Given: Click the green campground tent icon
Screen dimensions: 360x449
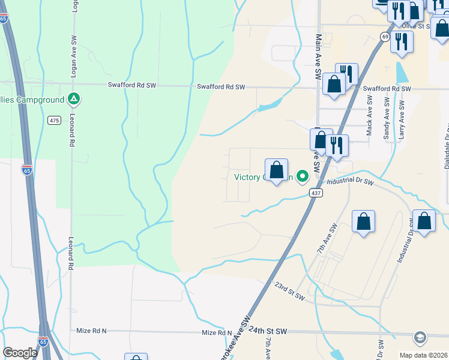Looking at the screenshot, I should tap(74, 98).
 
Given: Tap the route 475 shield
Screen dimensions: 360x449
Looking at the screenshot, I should tap(54, 121).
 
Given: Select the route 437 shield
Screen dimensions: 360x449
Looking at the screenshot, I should tap(317, 193).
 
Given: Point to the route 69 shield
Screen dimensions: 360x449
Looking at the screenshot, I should tap(384, 37).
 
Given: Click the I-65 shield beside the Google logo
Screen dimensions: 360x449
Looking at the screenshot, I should tap(43, 341).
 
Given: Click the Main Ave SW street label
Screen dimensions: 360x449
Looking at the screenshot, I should tap(318, 58).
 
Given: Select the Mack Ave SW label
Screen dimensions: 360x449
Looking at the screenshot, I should tap(370, 118).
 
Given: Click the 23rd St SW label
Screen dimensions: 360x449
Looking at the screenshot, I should tap(289, 292).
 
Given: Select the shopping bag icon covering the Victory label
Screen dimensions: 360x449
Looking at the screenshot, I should tap(276, 170).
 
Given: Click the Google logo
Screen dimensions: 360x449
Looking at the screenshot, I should tap(20, 353).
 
